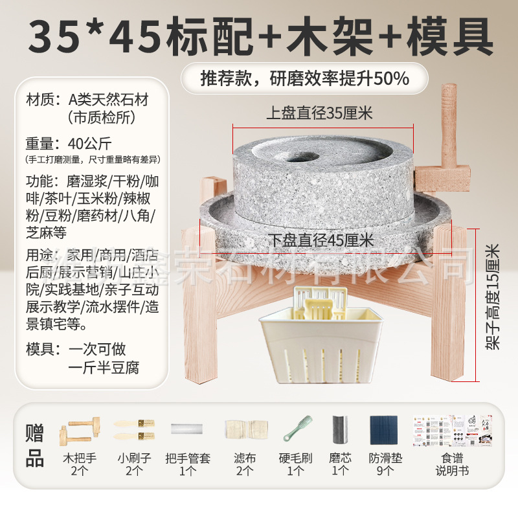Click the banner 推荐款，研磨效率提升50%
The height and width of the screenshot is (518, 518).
304,78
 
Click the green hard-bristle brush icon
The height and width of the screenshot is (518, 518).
296,429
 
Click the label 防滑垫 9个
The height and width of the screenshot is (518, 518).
385,464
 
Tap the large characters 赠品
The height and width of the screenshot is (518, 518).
35,445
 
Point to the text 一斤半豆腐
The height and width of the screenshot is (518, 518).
104,367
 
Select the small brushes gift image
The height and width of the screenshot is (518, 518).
134,428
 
